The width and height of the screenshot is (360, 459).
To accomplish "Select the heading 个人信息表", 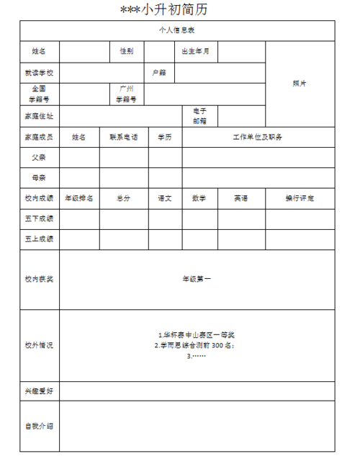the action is (176, 30).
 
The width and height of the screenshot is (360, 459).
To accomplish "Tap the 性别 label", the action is (126, 51).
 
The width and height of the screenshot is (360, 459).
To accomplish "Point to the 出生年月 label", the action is (195, 51).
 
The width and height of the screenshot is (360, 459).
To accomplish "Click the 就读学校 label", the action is (39, 73).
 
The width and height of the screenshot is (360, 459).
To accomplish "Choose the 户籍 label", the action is (159, 73).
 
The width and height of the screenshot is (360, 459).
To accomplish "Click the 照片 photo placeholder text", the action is (300, 84).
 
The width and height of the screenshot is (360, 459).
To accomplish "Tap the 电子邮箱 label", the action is (199, 115).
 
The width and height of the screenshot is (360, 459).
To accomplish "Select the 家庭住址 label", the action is (39, 115).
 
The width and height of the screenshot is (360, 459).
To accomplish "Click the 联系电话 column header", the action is (124, 137).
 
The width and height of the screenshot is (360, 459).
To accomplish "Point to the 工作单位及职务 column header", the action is (258, 137).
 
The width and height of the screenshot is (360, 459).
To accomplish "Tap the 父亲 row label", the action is (39, 156).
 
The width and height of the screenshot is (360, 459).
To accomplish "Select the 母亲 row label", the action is (39, 177).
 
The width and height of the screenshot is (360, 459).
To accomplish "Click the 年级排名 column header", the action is (79, 198).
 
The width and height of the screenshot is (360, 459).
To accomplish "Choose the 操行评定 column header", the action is (300, 198).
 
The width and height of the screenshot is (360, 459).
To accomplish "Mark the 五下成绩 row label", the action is (39, 218).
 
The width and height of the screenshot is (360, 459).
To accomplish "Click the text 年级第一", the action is (197, 279).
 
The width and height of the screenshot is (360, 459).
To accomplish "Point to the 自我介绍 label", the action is (39, 427).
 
